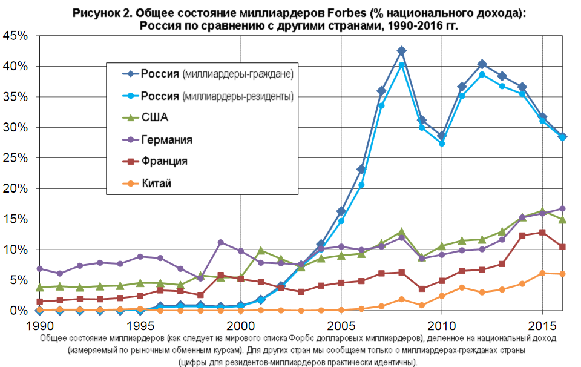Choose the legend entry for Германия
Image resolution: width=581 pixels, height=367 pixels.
pos(166,140)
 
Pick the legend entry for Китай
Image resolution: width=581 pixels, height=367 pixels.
pos(156,183)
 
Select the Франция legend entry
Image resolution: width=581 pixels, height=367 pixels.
pos(164,162)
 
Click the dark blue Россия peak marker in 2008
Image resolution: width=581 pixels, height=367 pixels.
pos(401,51)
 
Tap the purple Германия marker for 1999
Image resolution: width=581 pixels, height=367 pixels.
pos(220,242)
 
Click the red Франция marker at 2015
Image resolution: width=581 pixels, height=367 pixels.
pos(542,232)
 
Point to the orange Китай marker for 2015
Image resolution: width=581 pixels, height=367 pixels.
pos(542,273)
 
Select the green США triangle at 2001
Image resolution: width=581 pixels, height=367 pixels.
pos(261,250)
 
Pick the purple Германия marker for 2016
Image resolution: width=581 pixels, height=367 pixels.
pos(562,208)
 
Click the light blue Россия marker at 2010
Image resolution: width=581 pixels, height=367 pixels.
pos(442,144)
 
